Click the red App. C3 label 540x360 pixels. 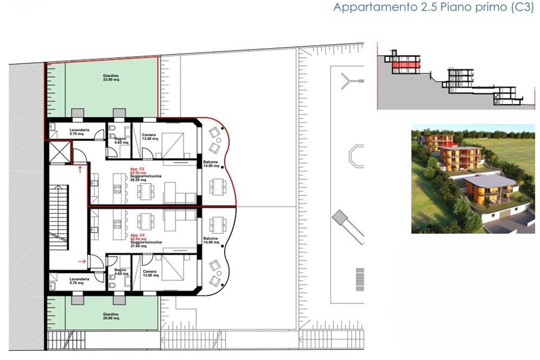pos(137,168)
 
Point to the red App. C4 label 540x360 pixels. pos(137,236)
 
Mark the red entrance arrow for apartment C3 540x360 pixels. pos(80,170)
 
